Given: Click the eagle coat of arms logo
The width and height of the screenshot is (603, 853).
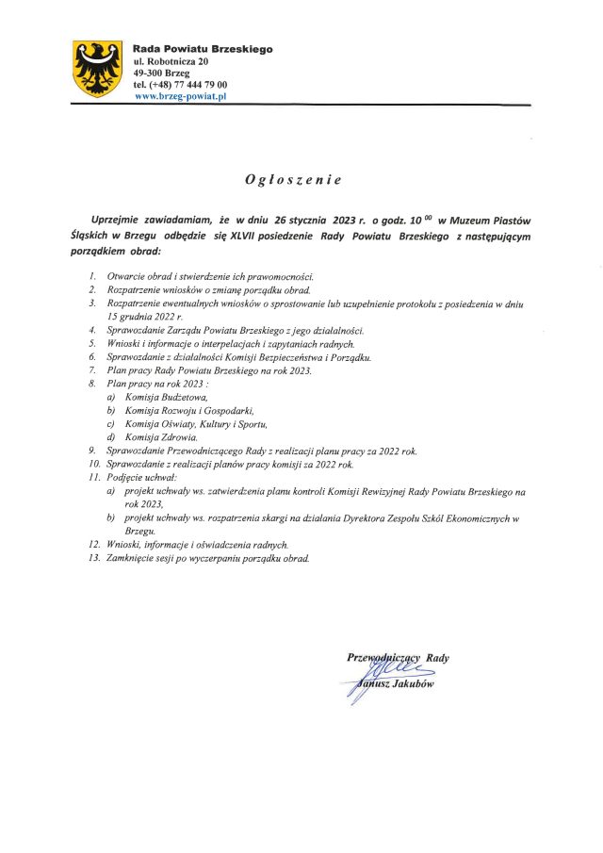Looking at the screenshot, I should pyautogui.click(x=98, y=68).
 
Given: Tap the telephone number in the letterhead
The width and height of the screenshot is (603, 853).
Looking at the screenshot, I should pyautogui.click(x=180, y=84).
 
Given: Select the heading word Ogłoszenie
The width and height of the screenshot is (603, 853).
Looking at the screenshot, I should pyautogui.click(x=301, y=179).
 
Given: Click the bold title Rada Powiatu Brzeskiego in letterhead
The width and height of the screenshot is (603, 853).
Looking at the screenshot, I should pyautogui.click(x=203, y=48).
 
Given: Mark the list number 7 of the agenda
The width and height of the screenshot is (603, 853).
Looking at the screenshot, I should pyautogui.click(x=92, y=370).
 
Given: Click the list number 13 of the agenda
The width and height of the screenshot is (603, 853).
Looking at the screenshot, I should pyautogui.click(x=94, y=558).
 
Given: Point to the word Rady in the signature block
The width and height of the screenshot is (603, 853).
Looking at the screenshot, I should pyautogui.click(x=437, y=658).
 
